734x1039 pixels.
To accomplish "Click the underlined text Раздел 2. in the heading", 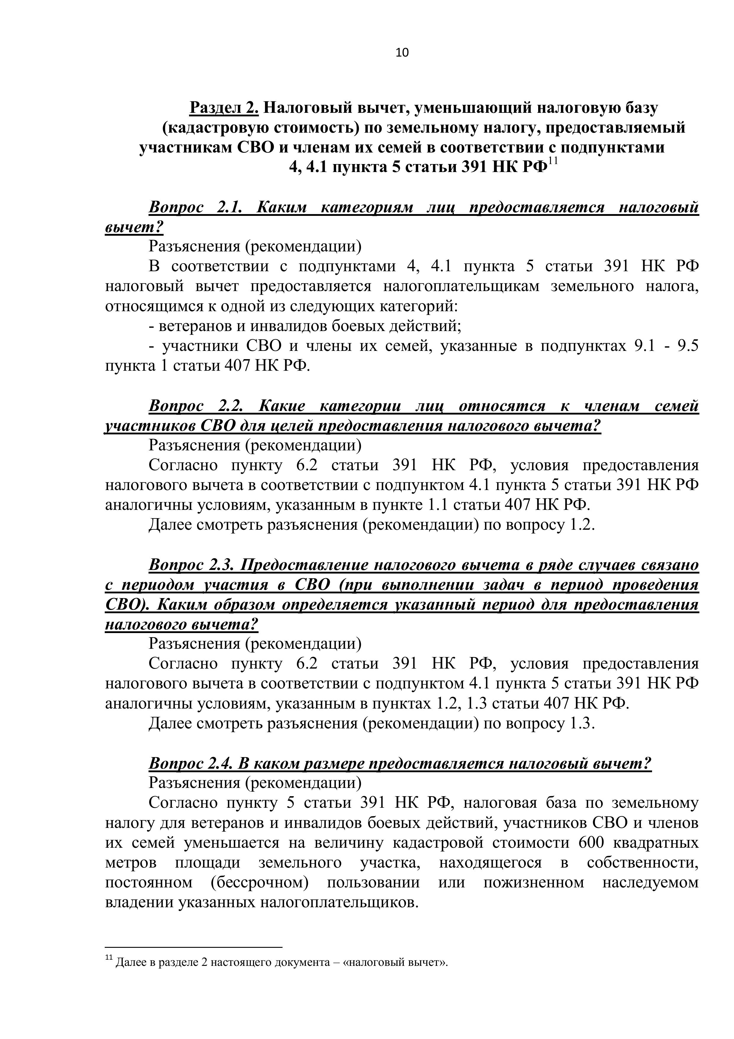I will [x=224, y=108].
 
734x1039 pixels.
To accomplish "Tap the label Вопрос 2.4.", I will [x=191, y=763].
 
